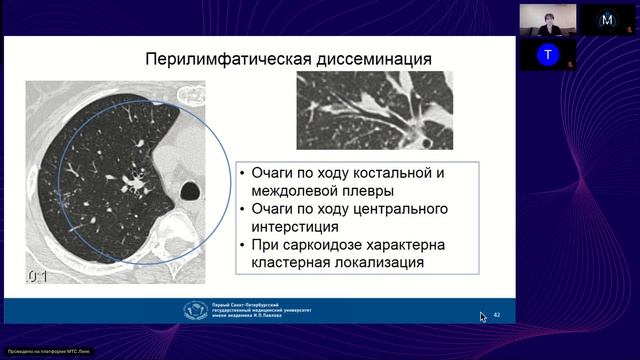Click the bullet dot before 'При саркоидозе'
pos(243,245)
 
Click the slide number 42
pos(496,315)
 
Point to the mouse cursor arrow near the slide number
pos(484,317)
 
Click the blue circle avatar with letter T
pos(547,54)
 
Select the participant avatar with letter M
pos(599,19)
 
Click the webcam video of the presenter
pos(547,19)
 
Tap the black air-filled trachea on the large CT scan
pos(187,189)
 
